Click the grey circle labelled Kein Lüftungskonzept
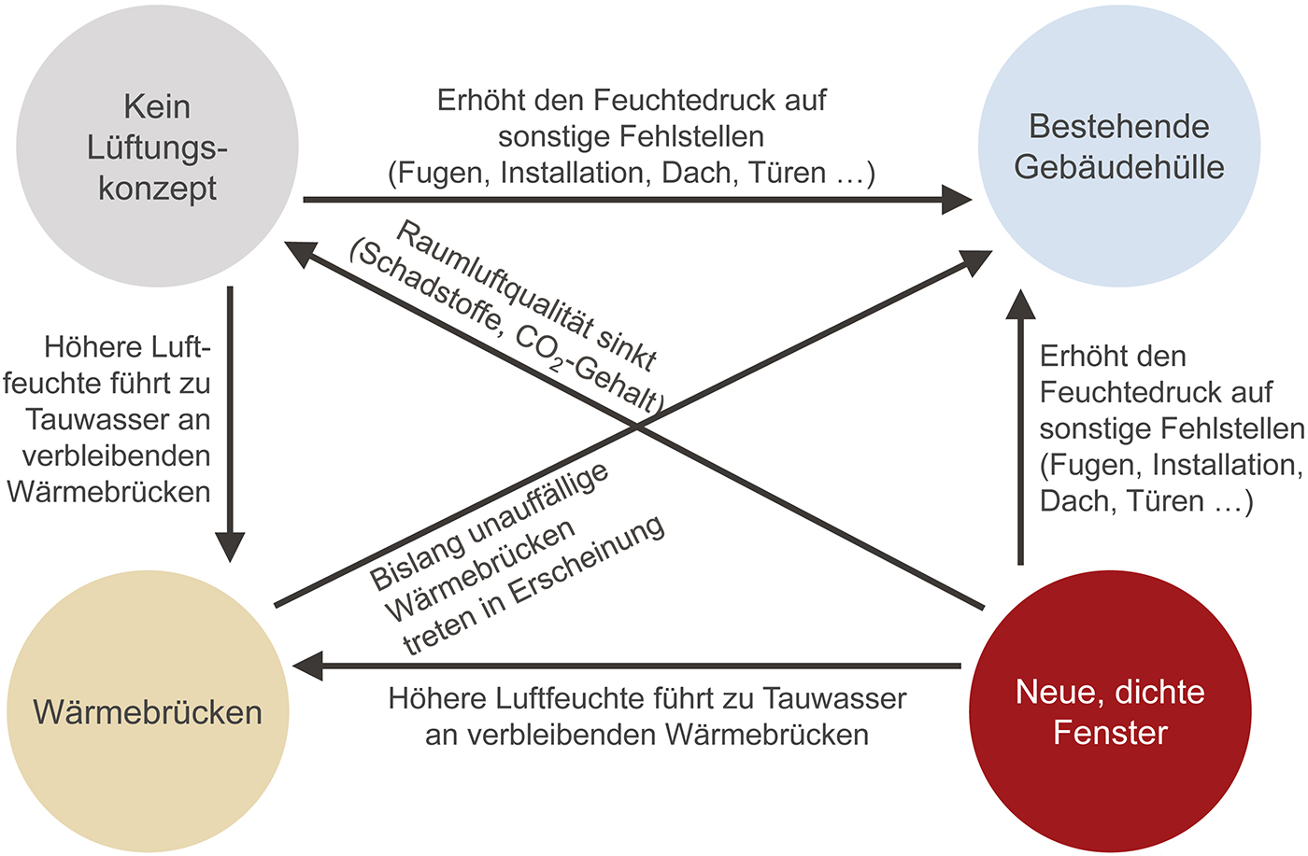[x=157, y=147]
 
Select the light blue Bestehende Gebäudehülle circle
[x=1118, y=147]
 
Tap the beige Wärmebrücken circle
[x=148, y=711]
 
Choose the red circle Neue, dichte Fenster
[x=1110, y=711]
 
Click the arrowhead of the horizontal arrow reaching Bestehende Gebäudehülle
[x=957, y=199]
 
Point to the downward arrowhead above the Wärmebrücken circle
[x=230, y=545]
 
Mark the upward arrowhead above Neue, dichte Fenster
[x=1020, y=304]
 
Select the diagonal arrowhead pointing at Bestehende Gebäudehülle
[x=975, y=260]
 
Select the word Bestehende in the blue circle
[x=1118, y=126]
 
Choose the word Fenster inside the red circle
[x=1110, y=733]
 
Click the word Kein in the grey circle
[x=157, y=106]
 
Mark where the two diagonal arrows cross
[x=637, y=427]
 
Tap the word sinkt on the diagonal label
[x=627, y=346]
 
